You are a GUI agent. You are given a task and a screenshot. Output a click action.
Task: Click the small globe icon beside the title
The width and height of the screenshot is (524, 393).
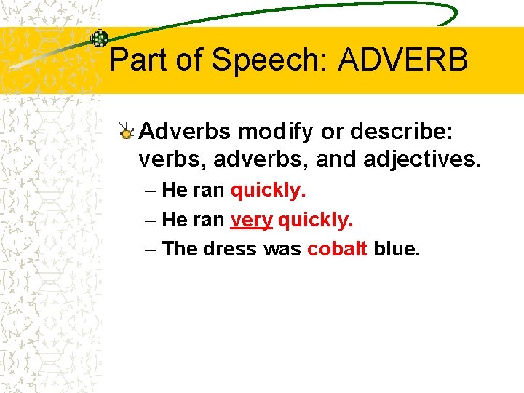(100, 39)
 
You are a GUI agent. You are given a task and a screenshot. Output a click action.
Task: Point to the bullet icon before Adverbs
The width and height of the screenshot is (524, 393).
(127, 132)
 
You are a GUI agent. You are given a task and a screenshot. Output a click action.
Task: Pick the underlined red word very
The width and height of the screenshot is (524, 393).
(251, 220)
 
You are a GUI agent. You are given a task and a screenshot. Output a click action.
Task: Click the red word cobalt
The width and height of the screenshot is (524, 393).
(337, 249)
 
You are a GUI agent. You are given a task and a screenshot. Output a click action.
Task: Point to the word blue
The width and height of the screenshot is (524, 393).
(396, 249)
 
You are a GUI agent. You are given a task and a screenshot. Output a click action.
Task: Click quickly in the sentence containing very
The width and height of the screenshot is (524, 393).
(315, 220)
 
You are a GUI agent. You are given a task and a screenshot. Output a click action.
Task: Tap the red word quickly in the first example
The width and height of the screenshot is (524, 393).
(268, 191)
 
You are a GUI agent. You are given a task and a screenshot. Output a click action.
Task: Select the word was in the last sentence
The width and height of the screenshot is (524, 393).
(282, 249)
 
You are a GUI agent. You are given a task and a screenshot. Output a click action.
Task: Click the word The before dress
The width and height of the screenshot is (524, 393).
(180, 249)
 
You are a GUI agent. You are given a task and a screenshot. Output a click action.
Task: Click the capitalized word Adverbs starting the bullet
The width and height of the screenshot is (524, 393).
(185, 132)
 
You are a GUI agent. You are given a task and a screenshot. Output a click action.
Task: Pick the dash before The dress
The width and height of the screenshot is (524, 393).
(150, 249)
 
